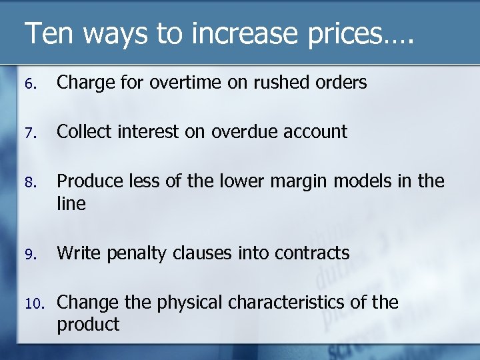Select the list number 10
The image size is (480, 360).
pos(33,303)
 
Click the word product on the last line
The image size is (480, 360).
pos(88,325)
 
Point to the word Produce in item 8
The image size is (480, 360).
pos(87,181)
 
